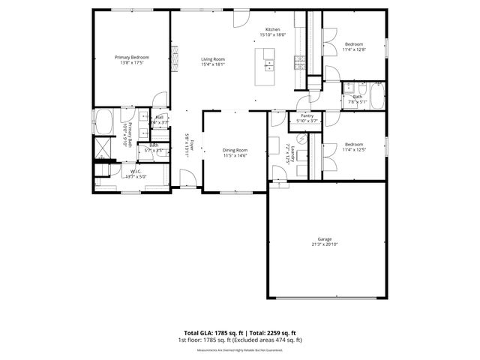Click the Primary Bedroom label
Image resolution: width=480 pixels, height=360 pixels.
131,58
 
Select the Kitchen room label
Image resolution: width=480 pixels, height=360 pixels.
273,29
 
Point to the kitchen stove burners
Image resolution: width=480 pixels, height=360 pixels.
300,62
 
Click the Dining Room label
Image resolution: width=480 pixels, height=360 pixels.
235,150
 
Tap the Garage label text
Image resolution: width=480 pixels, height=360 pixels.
324,239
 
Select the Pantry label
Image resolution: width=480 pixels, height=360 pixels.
307,115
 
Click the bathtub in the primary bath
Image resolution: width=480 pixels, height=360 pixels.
103,121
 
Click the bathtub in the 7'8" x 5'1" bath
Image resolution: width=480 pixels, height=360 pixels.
376,97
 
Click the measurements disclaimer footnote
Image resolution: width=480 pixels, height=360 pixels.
240,349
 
